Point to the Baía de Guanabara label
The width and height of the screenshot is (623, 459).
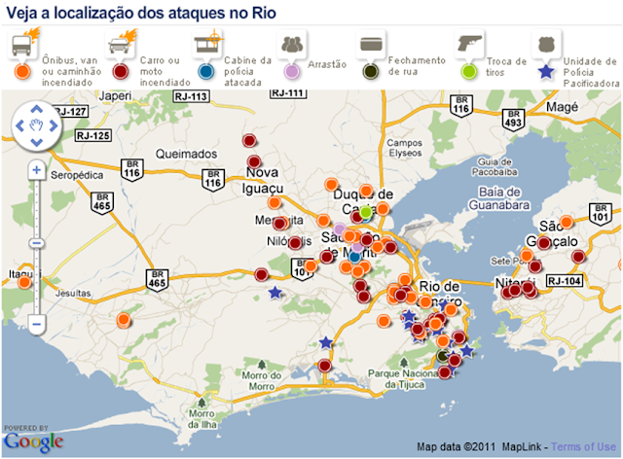click(495, 199)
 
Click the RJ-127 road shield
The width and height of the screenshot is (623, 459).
click(72, 112)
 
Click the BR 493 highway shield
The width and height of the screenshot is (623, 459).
click(513, 121)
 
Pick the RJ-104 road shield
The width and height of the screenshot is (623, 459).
click(565, 281)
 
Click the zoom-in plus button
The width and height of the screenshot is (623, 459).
click(36, 170)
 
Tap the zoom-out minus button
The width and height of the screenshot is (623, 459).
click(36, 322)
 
